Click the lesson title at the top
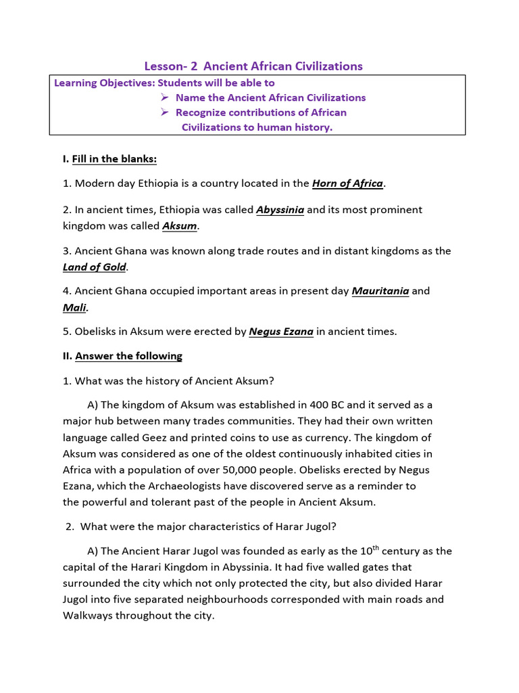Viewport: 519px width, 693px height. tap(253, 66)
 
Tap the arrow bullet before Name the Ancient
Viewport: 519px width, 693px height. tap(164, 97)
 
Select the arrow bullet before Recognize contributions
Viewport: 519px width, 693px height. tap(164, 112)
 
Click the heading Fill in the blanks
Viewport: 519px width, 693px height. tap(114, 159)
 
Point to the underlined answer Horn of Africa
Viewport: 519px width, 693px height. tap(347, 183)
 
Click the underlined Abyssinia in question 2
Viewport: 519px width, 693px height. tap(280, 210)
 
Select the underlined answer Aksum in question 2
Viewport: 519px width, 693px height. tap(180, 225)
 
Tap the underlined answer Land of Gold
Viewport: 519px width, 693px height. tap(95, 267)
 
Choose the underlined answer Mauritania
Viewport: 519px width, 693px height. tap(380, 292)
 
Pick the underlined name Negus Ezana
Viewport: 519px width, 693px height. tap(281, 332)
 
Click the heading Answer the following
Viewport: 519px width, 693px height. tap(128, 356)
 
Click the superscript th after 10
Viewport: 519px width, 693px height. tap(364, 547)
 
